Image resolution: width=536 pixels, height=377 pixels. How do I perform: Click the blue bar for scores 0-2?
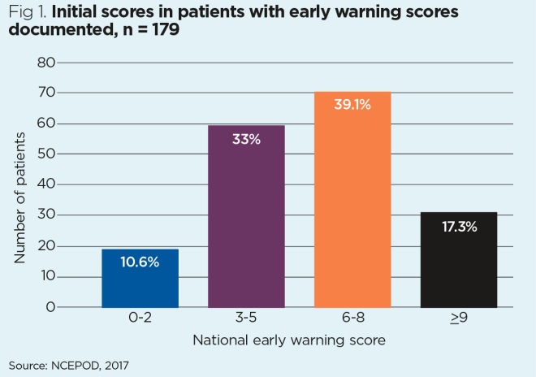[x=140, y=280]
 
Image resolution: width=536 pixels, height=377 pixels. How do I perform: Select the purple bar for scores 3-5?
[x=246, y=219]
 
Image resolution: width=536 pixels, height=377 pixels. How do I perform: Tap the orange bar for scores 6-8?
[x=352, y=203]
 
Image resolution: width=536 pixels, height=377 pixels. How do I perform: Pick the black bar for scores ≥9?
[x=459, y=260]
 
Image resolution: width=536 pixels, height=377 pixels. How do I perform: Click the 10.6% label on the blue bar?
[x=140, y=262]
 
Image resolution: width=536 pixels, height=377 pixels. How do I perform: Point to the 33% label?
[x=246, y=139]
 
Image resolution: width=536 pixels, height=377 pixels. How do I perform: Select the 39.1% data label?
[x=352, y=104]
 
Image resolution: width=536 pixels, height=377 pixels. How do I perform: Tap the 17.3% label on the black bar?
[x=459, y=226]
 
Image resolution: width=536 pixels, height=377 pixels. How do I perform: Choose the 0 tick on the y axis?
[x=50, y=307]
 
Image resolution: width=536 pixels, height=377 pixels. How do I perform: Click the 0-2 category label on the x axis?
[x=140, y=320]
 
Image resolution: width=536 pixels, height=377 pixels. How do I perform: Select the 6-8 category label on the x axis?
[x=352, y=320]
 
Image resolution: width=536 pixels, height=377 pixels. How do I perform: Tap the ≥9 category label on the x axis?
[x=459, y=320]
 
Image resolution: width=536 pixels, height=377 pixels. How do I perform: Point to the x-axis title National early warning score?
[x=287, y=340]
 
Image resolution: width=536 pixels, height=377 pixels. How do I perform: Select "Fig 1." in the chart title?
[x=27, y=15]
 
